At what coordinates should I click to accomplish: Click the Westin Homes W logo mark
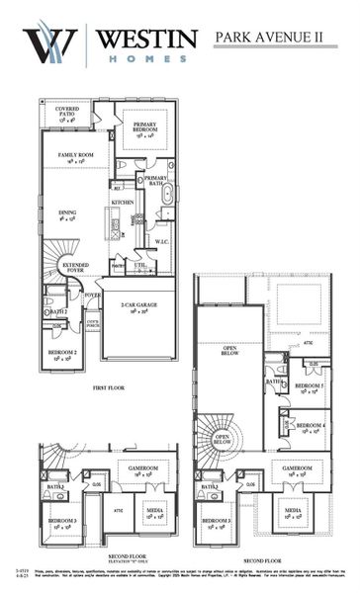click(48, 44)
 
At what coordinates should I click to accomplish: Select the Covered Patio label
click(67, 113)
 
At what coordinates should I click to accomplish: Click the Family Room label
click(75, 156)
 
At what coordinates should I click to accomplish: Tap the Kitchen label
click(123, 202)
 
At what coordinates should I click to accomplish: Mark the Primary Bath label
click(156, 179)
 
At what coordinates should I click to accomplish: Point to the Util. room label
click(140, 264)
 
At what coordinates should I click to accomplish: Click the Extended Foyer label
click(76, 267)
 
